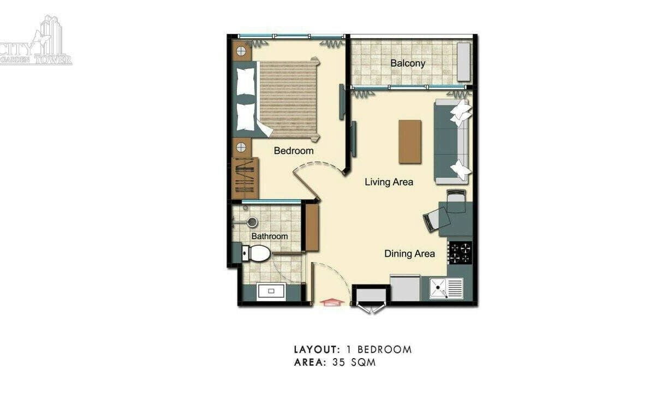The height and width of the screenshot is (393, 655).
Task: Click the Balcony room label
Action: [408, 63]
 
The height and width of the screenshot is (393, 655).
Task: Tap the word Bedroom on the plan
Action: [294, 151]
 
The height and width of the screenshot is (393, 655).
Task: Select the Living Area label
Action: [389, 182]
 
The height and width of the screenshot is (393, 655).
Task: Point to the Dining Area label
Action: [409, 253]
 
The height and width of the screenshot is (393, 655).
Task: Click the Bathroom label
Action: [270, 236]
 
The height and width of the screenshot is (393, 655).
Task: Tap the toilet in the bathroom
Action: [256, 253]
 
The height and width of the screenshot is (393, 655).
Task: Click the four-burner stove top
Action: [460, 253]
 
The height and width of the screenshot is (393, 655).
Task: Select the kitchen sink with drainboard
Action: [446, 288]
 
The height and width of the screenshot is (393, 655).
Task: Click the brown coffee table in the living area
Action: [410, 141]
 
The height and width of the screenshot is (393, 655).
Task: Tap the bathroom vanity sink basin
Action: [271, 291]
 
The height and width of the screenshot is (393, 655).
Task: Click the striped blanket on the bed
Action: [288, 99]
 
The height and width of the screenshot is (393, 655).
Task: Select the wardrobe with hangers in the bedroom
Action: [245, 178]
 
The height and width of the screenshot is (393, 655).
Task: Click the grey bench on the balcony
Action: [464, 62]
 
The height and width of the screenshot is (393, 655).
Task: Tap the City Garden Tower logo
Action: [36, 40]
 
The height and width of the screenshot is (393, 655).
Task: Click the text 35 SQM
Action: [354, 362]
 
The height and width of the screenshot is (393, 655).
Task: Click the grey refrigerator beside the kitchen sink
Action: [405, 288]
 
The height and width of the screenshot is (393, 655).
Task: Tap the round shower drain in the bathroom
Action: [252, 222]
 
